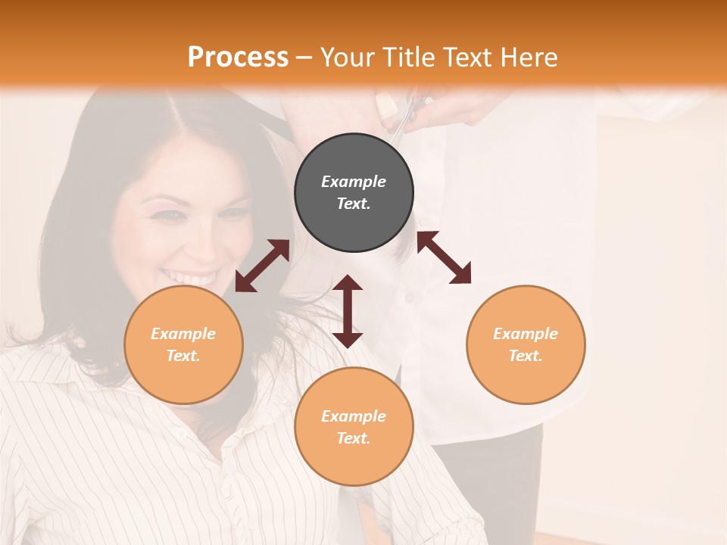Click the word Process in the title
[x=238, y=58]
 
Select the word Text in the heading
[x=466, y=58]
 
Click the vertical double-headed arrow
[x=348, y=311]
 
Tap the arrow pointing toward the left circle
[x=262, y=266]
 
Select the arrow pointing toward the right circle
[x=444, y=257]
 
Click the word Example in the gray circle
[x=354, y=182]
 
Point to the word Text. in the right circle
[x=526, y=356]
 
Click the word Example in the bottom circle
[x=354, y=416]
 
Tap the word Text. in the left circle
[x=183, y=356]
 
